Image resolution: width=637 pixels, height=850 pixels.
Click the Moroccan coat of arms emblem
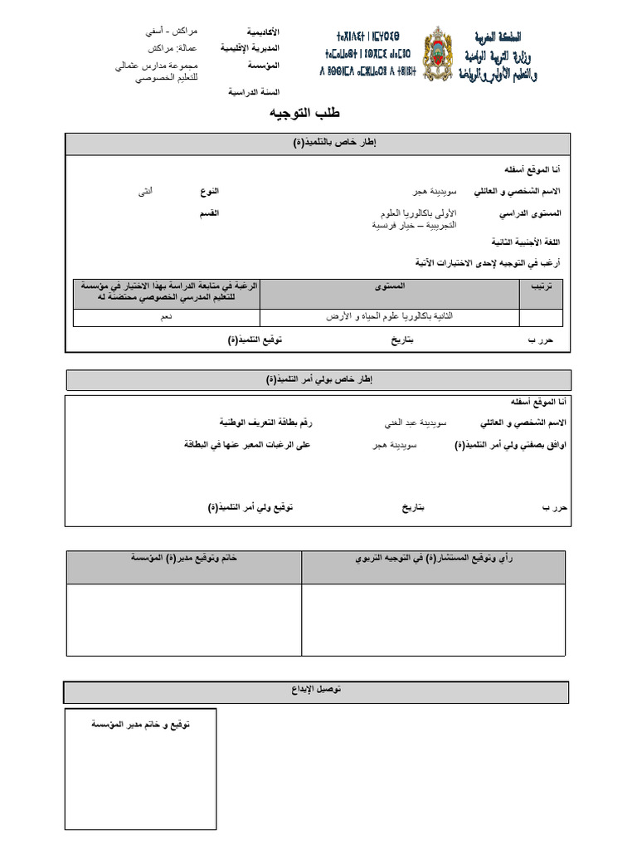click(x=440, y=56)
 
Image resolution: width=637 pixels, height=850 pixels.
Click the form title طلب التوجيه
click(x=304, y=114)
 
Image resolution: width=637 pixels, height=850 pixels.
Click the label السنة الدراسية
click(x=254, y=92)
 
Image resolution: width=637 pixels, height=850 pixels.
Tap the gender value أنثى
click(x=146, y=191)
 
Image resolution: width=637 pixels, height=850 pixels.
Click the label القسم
click(x=208, y=213)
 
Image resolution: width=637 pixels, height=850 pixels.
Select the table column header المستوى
click(x=390, y=286)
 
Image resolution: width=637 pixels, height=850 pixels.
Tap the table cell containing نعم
click(x=167, y=317)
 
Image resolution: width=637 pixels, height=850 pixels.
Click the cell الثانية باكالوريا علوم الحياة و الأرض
click(x=390, y=317)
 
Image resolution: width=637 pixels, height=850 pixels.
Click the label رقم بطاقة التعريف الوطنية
click(x=266, y=423)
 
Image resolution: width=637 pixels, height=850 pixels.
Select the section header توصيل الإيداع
click(x=318, y=691)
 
